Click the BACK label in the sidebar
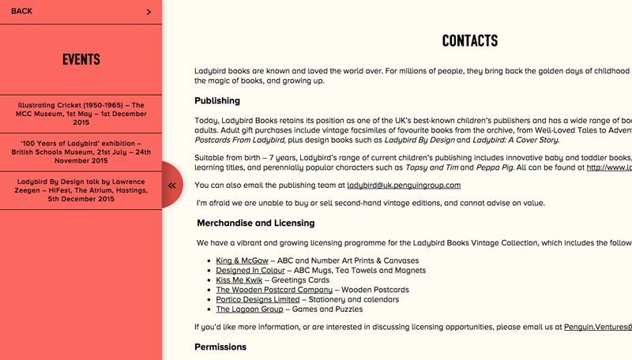(21, 11)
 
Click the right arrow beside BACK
(149, 12)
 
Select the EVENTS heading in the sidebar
(81, 59)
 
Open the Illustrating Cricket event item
(81, 114)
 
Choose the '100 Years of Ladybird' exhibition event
(81, 152)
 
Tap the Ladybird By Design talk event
(81, 190)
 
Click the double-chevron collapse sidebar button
(171, 185)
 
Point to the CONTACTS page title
(469, 41)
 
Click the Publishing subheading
(217, 100)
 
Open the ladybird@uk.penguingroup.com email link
(403, 186)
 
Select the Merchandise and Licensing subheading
(255, 223)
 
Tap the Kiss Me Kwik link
(239, 279)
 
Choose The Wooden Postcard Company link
(274, 290)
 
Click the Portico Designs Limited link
(258, 299)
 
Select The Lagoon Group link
(250, 309)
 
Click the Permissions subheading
(220, 347)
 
